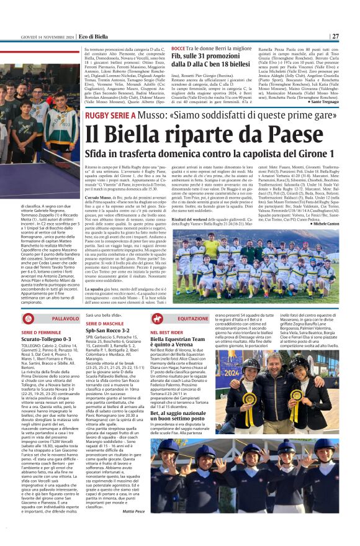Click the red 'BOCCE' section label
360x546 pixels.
point(178,48)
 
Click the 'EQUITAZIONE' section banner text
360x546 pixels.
point(193,318)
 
